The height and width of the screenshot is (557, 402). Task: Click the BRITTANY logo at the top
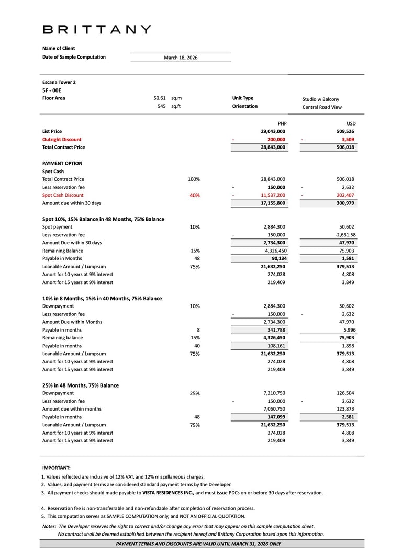pyautogui.click(x=97, y=30)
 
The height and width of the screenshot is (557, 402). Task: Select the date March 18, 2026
pyautogui.click(x=181, y=58)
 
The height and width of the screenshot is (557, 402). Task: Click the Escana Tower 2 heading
pyautogui.click(x=59, y=82)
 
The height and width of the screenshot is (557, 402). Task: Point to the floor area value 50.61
pyautogui.click(x=160, y=98)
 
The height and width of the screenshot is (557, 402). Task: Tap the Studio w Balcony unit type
pyautogui.click(x=320, y=99)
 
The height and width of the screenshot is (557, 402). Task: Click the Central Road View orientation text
pyautogui.click(x=322, y=107)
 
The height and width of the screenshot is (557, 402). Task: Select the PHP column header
pyautogui.click(x=282, y=123)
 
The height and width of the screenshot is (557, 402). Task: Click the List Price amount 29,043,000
pyautogui.click(x=273, y=132)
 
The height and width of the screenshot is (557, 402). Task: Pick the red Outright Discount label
pyautogui.click(x=62, y=140)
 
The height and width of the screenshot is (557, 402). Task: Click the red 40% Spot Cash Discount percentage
pyautogui.click(x=194, y=196)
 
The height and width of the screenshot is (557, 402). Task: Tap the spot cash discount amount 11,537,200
pyautogui.click(x=273, y=196)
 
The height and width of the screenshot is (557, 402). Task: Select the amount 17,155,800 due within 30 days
pyautogui.click(x=273, y=203)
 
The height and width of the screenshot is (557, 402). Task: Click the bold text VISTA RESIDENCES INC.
pyautogui.click(x=168, y=493)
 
